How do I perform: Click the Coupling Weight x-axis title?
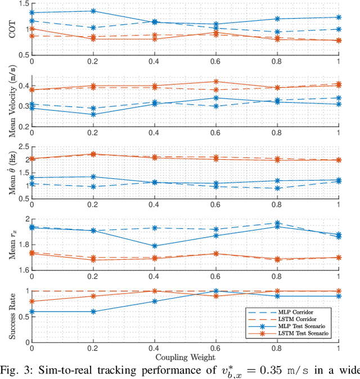(x=185, y=356)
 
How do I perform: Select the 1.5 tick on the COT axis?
(x=22, y=3)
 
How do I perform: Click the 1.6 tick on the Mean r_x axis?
(x=22, y=270)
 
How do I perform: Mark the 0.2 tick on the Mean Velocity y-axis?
(x=22, y=127)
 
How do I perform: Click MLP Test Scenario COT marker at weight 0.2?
(x=93, y=11)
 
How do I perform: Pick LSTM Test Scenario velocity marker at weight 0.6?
(x=216, y=82)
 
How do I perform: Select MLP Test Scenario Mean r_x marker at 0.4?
(x=155, y=246)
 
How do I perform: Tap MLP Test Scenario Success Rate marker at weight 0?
(x=32, y=312)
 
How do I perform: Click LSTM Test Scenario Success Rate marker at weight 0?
(x=32, y=301)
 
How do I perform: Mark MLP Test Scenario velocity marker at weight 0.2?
(x=93, y=114)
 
